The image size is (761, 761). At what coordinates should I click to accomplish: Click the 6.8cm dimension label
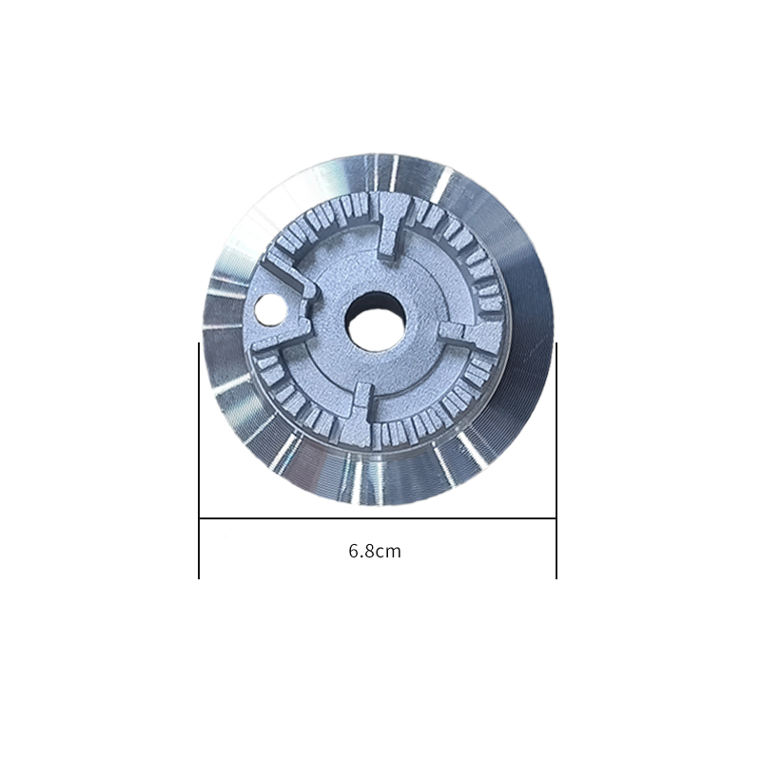pyautogui.click(x=375, y=552)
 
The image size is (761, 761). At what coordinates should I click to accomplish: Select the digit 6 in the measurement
pyautogui.click(x=354, y=551)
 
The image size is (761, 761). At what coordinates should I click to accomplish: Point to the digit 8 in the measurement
pyautogui.click(x=370, y=551)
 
